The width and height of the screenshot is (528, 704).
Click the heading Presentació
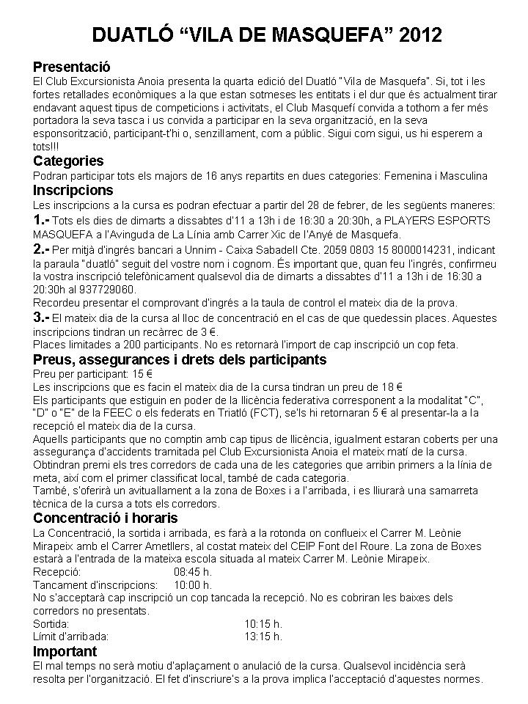[71, 65]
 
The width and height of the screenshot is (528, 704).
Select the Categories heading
[69, 161]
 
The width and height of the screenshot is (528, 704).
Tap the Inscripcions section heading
[73, 191]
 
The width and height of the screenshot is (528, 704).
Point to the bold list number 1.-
[42, 220]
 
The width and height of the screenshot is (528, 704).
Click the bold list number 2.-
[42, 249]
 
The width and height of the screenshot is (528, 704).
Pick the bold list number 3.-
[42, 318]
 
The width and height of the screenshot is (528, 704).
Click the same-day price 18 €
[393, 386]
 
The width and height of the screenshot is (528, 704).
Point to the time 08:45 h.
[193, 572]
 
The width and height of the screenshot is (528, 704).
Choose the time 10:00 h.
[193, 584]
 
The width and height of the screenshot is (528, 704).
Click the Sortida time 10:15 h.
[263, 623]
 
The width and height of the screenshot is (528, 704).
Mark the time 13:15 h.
[263, 636]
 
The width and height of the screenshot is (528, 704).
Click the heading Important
[65, 651]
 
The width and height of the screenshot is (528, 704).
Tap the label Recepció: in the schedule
[58, 572]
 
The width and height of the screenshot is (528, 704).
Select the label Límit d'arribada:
[71, 636]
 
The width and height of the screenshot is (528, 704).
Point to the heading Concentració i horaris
[106, 518]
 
